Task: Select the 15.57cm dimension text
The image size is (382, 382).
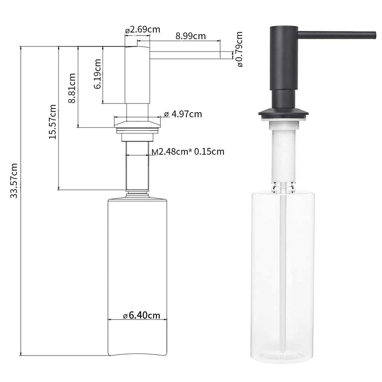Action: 53,122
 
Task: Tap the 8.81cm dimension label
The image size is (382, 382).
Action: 72,88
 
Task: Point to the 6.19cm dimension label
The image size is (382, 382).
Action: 98,74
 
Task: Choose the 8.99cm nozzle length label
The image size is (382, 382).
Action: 191,36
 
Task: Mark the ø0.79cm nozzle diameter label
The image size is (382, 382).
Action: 240,49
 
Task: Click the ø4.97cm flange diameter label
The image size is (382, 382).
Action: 183,114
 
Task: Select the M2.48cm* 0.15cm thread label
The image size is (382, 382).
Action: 188,152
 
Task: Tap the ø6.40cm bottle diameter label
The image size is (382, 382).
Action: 142,315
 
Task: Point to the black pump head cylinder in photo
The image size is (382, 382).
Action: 283,58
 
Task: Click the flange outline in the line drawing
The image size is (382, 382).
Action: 137,125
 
